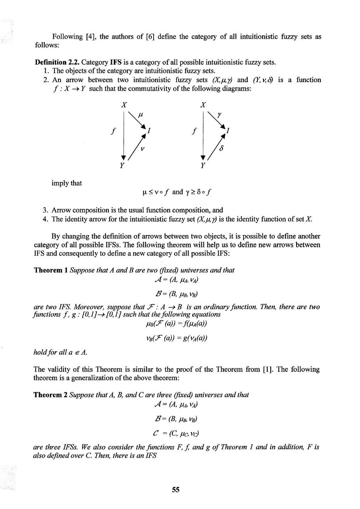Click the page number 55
click(x=175, y=489)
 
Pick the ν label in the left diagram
click(x=143, y=149)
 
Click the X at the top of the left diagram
click(x=123, y=104)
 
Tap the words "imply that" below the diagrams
click(x=66, y=183)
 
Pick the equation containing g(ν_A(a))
click(x=176, y=338)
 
